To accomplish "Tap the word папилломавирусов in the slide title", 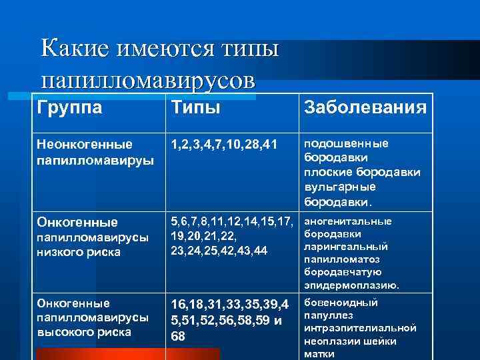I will click(147, 80).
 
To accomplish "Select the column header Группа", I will click(70, 107).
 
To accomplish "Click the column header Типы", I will click(196, 107).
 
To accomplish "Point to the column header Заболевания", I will click(365, 107).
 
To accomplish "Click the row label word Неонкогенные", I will click(85, 144).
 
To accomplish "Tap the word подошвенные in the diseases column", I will click(346, 143).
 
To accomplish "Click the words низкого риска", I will click(79, 253).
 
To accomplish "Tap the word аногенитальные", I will click(348, 221).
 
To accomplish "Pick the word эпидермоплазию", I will click(352, 285).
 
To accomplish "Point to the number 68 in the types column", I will click(178, 335).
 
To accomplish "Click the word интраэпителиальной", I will click(360, 328).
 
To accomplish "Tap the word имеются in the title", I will click(157, 48).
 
